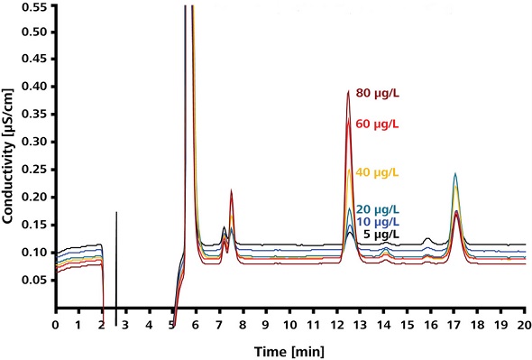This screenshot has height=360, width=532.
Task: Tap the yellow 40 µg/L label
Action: [377, 172]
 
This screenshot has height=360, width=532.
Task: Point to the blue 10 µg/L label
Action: [377, 222]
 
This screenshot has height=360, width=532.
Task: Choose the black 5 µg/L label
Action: [380, 235]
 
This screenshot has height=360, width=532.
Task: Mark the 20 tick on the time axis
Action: [523, 323]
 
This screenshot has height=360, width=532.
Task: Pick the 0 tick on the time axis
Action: [56, 323]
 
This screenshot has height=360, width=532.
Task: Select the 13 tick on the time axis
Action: [360, 323]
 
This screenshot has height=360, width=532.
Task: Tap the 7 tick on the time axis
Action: [220, 323]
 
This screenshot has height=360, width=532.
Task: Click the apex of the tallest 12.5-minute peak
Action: [348, 91]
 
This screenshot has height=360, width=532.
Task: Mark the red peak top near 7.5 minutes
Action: [232, 190]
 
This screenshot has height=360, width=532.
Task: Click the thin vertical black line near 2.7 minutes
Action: [116, 262]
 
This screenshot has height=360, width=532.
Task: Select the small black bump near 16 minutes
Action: [427, 239]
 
